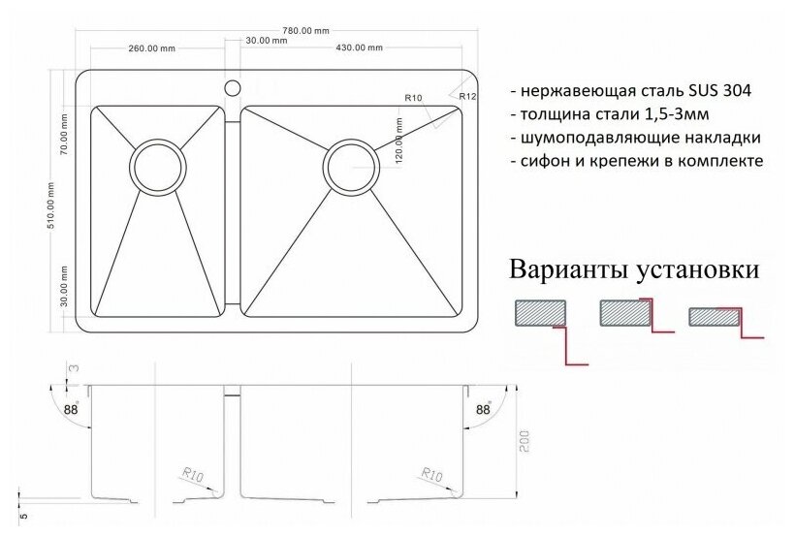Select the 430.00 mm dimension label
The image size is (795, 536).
click(358, 47)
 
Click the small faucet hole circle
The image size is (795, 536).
click(232, 88)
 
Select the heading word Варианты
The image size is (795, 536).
click(570, 268)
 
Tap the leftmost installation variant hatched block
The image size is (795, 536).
click(539, 313)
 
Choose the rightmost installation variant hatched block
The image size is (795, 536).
click(713, 317)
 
